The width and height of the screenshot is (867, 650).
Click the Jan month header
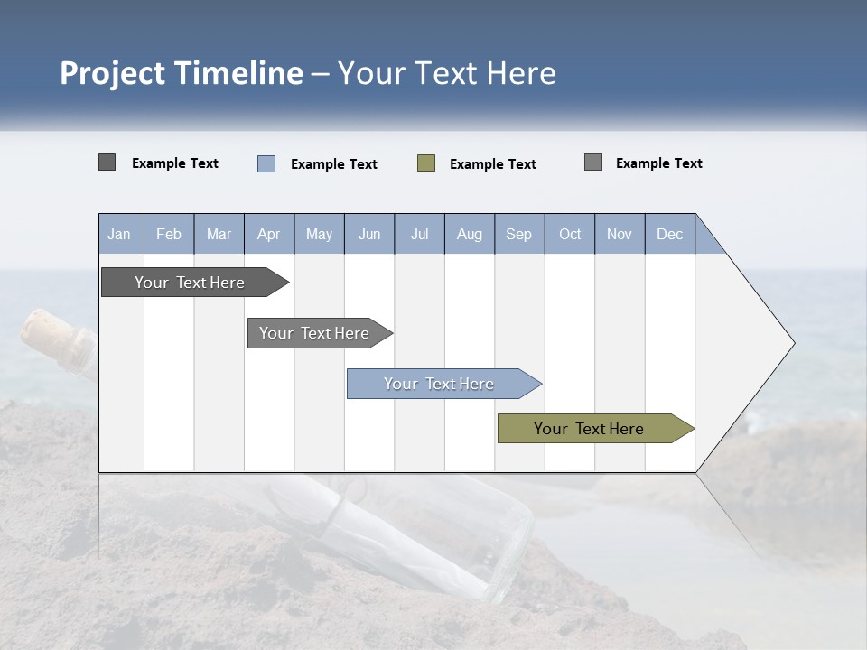pos(120,234)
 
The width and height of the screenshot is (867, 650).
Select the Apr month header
pos(269,234)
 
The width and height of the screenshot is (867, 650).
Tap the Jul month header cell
pos(419,234)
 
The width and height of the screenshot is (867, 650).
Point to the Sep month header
pos(519,234)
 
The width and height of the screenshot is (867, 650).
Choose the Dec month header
pos(669,234)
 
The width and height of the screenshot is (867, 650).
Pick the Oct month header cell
pos(570,234)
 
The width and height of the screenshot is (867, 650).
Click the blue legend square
pos(266,163)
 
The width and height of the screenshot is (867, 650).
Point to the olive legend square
pos(426,163)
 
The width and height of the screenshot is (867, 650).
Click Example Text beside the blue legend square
pos(334,164)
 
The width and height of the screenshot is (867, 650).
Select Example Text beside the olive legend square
pos(493,164)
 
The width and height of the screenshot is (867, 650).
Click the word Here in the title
pos(521,73)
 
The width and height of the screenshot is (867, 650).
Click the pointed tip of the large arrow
pos(792,343)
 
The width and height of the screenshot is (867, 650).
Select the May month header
pos(319,234)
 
